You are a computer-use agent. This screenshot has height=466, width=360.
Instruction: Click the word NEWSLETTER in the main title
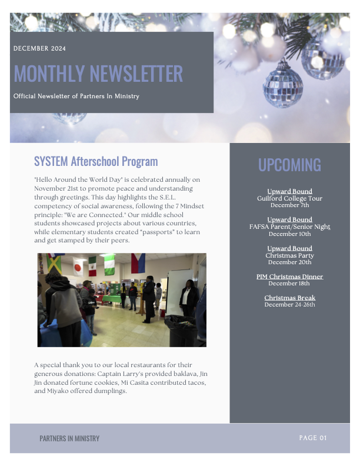tap(136, 74)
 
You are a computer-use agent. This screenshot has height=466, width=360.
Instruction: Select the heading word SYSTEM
tap(51, 161)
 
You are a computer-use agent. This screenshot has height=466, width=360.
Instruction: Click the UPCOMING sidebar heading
tap(289, 165)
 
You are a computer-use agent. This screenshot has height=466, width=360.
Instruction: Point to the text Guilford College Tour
tap(289, 198)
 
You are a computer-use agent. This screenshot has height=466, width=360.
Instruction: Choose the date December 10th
tap(289, 234)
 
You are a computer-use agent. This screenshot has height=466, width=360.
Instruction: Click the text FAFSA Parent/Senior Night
tap(289, 227)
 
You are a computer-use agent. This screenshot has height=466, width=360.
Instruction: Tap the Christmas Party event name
tap(289, 255)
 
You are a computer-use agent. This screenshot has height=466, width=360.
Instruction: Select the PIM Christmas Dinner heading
tap(289, 277)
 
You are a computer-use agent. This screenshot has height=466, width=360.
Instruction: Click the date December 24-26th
tap(289, 305)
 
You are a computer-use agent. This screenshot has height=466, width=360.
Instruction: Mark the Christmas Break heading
tap(289, 298)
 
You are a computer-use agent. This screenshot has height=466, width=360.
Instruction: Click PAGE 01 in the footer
tap(312, 438)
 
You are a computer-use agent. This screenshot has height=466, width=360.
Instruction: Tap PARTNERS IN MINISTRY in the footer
tap(69, 438)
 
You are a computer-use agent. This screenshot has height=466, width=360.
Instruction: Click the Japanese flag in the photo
tap(78, 268)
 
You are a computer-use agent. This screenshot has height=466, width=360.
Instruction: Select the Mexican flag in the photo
tap(92, 265)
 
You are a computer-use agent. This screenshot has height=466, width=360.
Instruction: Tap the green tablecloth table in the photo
tap(108, 298)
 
